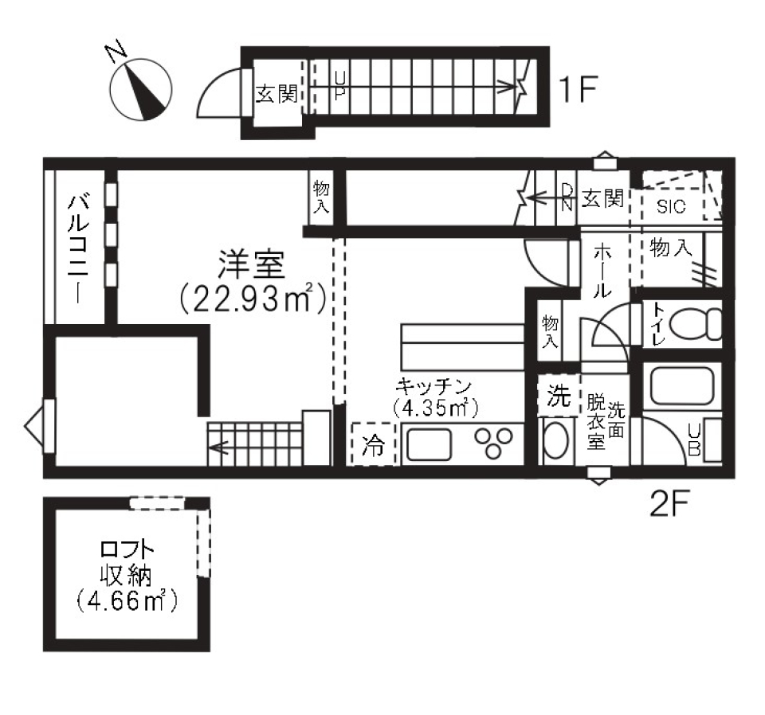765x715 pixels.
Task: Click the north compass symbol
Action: click(x=143, y=90)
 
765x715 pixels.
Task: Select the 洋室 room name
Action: click(x=249, y=266)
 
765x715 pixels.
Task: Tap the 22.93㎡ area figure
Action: click(x=252, y=299)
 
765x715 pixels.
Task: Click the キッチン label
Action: click(x=435, y=386)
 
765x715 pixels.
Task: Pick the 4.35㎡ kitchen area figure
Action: click(x=435, y=408)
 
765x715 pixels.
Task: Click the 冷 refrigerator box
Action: click(x=373, y=444)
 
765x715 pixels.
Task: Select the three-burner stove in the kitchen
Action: click(x=493, y=443)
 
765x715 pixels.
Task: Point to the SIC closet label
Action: click(x=672, y=206)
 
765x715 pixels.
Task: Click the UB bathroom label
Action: click(x=694, y=440)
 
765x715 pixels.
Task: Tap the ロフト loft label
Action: click(x=127, y=549)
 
